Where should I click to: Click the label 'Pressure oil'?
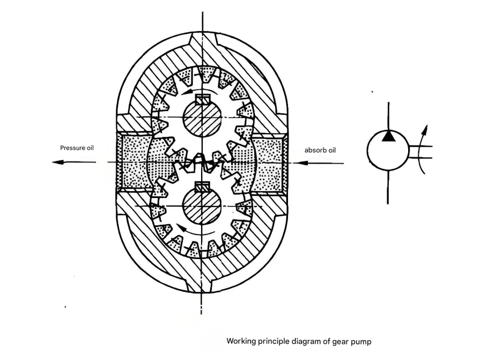pos(77,148)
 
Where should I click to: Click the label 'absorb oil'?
pos(320,150)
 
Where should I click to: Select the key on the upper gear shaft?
pos(202,99)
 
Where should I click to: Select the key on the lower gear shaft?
pos(202,187)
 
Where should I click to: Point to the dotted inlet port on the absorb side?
pos(268,161)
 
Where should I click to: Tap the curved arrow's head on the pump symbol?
pos(425,127)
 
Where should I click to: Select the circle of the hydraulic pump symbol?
pos(388,151)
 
